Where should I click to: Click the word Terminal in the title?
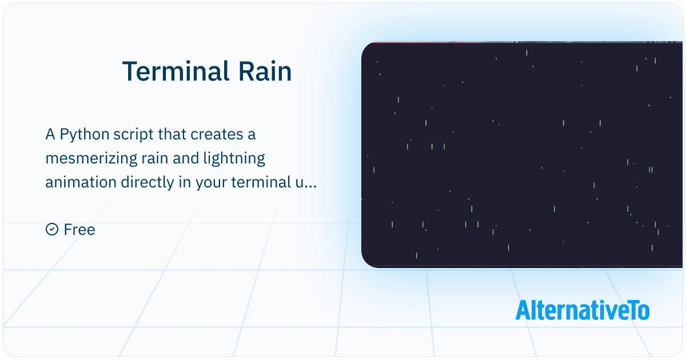[176, 71]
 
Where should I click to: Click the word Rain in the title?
[265, 71]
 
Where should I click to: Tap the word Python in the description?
[85, 135]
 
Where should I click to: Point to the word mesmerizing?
[91, 159]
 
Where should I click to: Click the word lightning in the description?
[234, 159]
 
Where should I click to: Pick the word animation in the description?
[81, 182]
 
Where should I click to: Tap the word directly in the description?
[147, 183]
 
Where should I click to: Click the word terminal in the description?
[261, 182]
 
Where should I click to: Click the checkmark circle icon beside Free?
[52, 229]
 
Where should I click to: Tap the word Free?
[79, 230]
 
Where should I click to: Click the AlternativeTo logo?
[583, 310]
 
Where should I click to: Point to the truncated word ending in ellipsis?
[306, 183]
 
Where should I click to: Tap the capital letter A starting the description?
[50, 135]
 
